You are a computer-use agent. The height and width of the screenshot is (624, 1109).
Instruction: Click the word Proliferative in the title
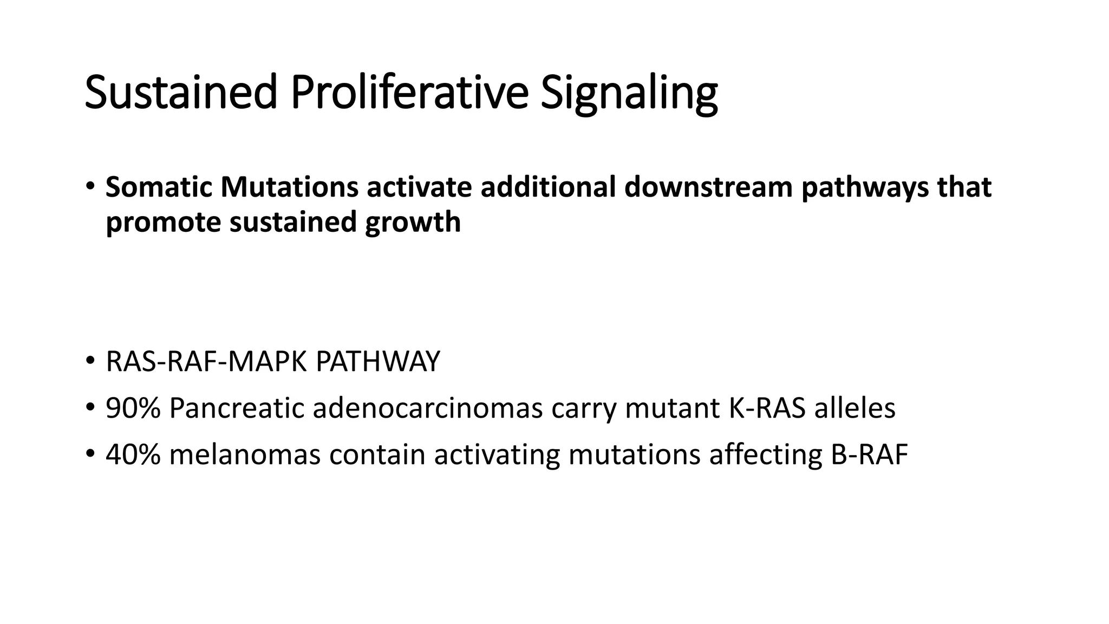click(x=409, y=92)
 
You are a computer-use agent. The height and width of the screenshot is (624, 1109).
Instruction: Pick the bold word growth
click(x=413, y=222)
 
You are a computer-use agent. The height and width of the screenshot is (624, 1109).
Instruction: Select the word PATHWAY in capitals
click(x=377, y=362)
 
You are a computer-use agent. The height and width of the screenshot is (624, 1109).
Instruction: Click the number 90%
click(x=133, y=408)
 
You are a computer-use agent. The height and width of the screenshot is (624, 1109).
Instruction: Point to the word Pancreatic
click(x=237, y=408)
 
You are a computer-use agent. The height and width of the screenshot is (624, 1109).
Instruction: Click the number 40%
click(x=133, y=454)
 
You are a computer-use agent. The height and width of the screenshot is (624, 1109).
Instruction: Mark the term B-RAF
click(x=869, y=454)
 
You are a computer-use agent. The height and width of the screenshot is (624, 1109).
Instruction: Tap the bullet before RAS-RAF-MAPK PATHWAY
click(x=90, y=362)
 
